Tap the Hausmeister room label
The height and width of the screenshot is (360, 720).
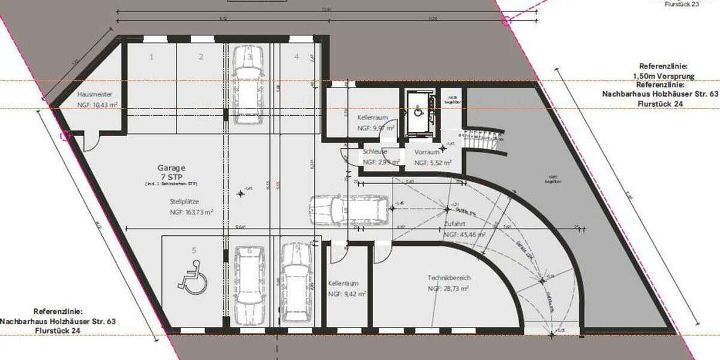pos(95,95)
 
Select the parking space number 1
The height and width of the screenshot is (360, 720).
pos(152,57)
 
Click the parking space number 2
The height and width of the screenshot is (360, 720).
pos(201,57)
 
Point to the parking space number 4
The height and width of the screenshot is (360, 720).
pos(296,57)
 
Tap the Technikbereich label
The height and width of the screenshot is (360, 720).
pos(449,278)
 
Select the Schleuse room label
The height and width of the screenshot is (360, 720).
pos(374,152)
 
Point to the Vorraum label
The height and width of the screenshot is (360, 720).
pos(427,152)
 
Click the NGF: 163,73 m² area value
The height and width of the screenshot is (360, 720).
pos(192,212)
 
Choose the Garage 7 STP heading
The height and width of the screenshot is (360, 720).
pos(172,173)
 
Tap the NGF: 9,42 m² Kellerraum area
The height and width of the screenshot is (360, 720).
pos(343,295)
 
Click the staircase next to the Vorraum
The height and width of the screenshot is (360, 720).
pos(483,142)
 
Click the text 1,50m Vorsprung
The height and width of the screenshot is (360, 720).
pos(664,76)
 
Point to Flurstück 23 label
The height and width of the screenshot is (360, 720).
pos(682,4)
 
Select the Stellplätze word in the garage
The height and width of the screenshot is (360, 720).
pos(184,202)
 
